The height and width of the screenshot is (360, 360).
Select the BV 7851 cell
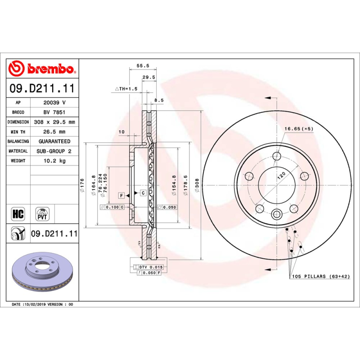tap(54, 112)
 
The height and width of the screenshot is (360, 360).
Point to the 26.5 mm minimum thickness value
tap(54, 132)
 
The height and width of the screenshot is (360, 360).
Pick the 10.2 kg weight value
tap(54, 161)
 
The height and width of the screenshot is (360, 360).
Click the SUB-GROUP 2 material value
tap(54, 151)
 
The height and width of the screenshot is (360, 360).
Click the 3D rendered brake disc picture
tap(43, 272)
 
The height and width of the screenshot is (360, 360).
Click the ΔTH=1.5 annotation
tap(126, 89)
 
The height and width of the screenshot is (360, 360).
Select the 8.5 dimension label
tap(158, 100)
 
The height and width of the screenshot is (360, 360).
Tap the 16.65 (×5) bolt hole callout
tap(298, 129)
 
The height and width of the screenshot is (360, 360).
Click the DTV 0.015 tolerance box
tap(150, 267)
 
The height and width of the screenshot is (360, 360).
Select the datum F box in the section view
tap(121, 195)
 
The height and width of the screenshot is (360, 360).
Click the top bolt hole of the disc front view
tap(277, 156)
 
